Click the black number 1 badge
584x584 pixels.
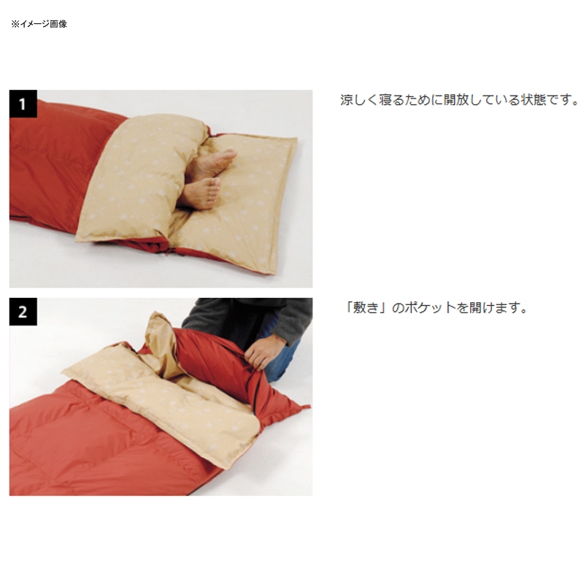click(23, 104)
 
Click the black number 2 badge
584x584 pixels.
click(23, 312)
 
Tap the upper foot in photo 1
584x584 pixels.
click(211, 164)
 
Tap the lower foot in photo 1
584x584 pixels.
click(200, 193)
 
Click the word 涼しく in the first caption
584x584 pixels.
click(358, 100)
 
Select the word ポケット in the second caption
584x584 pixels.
click(430, 308)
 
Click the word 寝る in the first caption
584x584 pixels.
click(391, 100)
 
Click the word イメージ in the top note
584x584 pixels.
click(34, 24)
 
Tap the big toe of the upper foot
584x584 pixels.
click(231, 153)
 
